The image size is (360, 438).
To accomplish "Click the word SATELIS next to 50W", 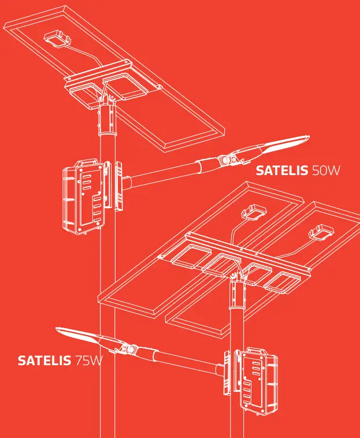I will pyautogui.click(x=282, y=171).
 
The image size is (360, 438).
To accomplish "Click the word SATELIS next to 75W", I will pyautogui.click(x=44, y=362).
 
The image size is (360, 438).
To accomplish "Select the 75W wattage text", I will pyautogui.click(x=88, y=362).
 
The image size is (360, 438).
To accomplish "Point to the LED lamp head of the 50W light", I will pyautogui.click(x=277, y=145).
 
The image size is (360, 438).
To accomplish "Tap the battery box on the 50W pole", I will pyautogui.click(x=84, y=196).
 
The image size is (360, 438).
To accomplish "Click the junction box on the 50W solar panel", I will pyautogui.click(x=58, y=39).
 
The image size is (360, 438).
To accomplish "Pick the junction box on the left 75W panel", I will pyautogui.click(x=253, y=214).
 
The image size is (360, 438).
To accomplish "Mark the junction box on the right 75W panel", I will pyautogui.click(x=321, y=232).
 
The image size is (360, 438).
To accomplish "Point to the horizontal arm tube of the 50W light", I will pyautogui.click(x=168, y=174).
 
